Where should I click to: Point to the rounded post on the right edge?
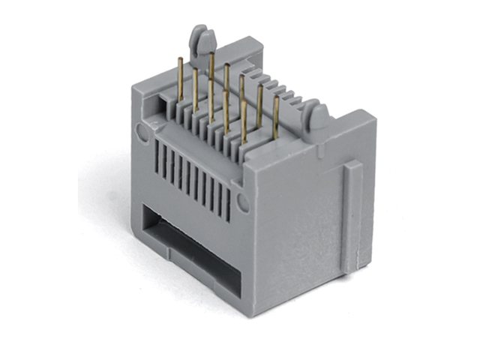click(318, 116)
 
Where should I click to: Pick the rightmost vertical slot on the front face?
click(227, 199)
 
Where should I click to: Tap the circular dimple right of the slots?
click(242, 201)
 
